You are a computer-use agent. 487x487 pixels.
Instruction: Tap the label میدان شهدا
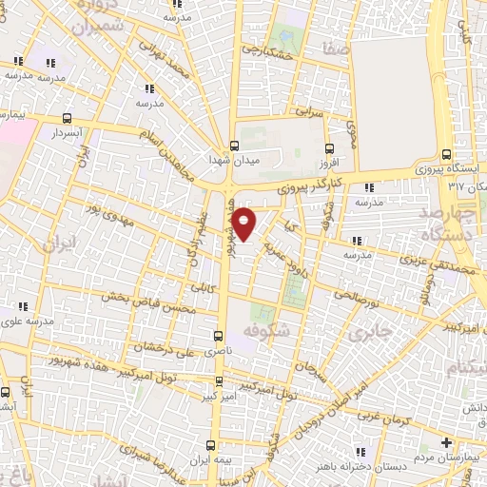click(228, 160)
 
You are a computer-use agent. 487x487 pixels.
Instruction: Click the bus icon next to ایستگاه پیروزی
click(446, 156)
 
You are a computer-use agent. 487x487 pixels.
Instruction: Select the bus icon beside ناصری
click(219, 335)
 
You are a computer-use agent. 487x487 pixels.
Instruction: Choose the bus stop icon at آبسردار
click(66, 118)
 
